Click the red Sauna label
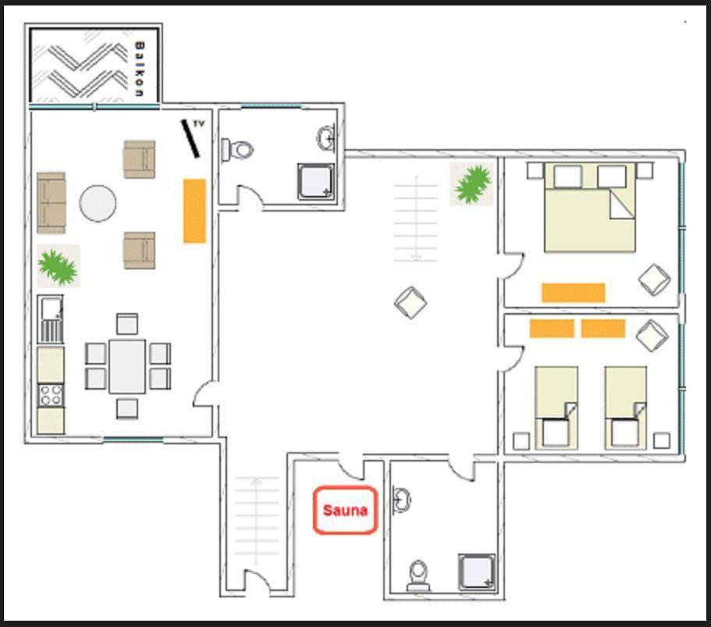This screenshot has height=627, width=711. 345,511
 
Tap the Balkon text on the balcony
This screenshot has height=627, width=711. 139,69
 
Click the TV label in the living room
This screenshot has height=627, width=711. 198,123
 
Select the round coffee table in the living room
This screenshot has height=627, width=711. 98,203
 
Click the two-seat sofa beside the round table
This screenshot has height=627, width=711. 52,203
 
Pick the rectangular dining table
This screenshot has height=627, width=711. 127,366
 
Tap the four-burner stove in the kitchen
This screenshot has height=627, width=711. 50,395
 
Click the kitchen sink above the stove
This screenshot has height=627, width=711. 50,308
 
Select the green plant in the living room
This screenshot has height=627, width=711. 58,265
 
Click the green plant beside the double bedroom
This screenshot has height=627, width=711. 473,183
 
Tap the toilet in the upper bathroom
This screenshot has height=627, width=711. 237,149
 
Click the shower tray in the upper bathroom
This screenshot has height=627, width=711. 315,181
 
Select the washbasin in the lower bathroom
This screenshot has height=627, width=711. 401,501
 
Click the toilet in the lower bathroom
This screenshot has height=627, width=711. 418,575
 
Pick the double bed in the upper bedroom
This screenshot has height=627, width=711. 589,207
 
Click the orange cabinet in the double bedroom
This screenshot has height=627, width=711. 573,293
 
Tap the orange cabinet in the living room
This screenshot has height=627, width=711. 194,211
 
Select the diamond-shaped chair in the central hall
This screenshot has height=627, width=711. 411,303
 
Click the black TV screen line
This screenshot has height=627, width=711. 190,139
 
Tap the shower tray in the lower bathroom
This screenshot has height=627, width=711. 477,572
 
